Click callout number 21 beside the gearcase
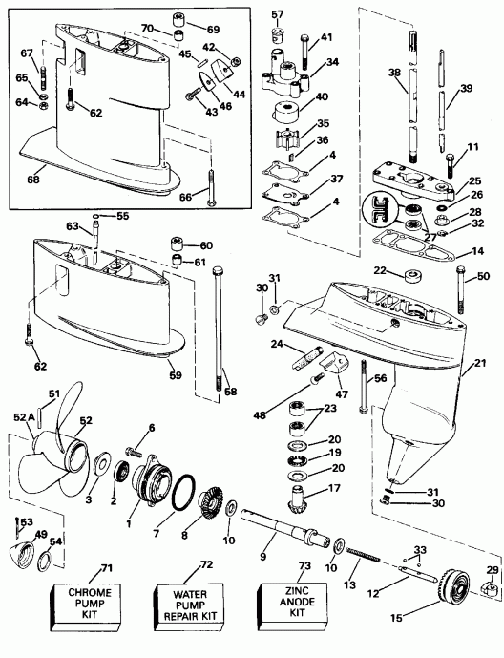(480, 361)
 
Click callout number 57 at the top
(278, 14)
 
